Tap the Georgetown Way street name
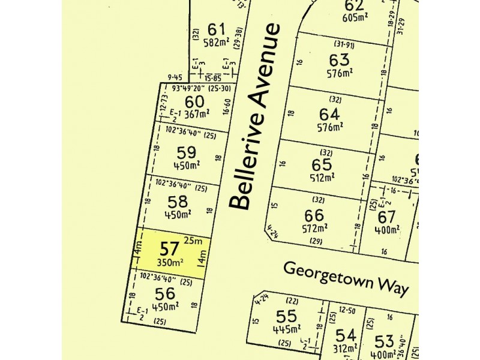[x=346, y=278]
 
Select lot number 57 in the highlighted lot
[x=169, y=248]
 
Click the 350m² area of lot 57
[x=170, y=262]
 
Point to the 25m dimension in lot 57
[x=193, y=241]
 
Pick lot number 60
[x=178, y=101]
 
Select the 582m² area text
[x=217, y=42]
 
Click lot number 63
[x=338, y=60]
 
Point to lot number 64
[x=329, y=114]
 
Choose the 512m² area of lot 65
[x=321, y=178]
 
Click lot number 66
[x=314, y=215]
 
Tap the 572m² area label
[x=314, y=227]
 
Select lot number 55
[x=285, y=316]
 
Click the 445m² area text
[x=286, y=329]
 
